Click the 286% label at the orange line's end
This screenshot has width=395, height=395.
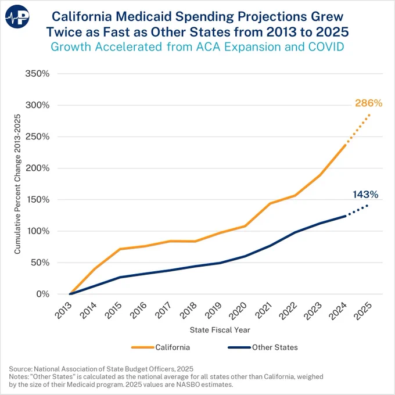(368, 103)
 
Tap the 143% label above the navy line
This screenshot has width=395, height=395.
(365, 195)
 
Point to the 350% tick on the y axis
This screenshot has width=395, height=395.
(37, 74)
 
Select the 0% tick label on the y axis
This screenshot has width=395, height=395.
(43, 294)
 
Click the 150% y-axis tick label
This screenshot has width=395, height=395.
(37, 199)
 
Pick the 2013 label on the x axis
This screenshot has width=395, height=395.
(63, 311)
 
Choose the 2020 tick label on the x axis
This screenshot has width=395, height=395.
(238, 311)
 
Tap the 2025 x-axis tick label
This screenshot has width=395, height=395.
(362, 311)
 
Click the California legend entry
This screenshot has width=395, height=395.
(160, 347)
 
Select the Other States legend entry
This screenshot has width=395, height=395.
(263, 347)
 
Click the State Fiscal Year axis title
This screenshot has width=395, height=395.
(220, 330)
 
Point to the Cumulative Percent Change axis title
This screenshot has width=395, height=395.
(17, 184)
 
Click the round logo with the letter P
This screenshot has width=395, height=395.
(17, 17)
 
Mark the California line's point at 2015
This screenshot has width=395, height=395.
(120, 249)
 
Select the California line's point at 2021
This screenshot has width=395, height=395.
(270, 203)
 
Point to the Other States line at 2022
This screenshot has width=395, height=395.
(295, 232)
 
